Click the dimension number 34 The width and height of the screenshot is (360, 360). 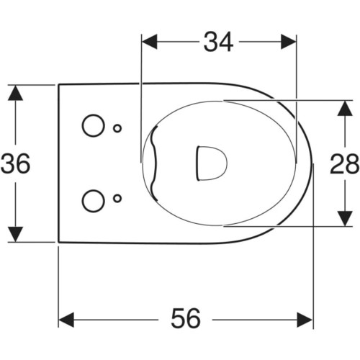point(218,42)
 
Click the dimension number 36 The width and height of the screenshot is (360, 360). point(16,163)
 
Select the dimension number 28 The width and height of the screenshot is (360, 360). point(345,163)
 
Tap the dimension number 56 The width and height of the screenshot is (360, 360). point(186,318)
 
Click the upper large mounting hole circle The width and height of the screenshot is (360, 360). point(94,125)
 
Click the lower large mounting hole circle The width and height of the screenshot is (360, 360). point(94,201)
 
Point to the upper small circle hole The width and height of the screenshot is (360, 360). point(117,129)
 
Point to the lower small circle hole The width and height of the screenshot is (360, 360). point(117,199)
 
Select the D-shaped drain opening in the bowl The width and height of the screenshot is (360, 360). point(212,163)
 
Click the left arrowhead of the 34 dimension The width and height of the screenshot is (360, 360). point(150,42)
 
